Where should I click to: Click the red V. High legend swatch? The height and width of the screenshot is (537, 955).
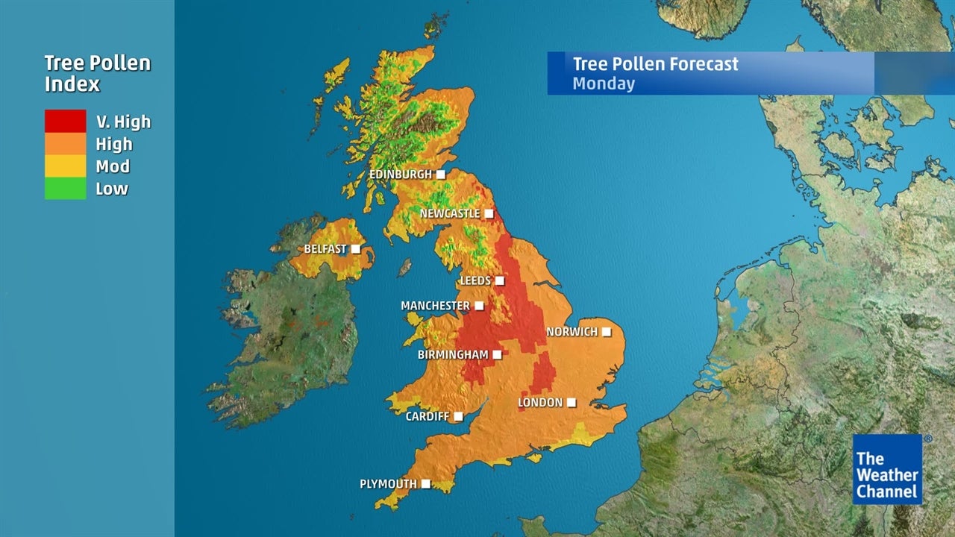click(x=65, y=122)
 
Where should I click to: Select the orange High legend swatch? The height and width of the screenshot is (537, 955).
click(x=65, y=144)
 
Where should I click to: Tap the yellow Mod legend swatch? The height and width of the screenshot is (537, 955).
click(x=65, y=166)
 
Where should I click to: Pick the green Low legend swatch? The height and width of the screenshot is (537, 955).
click(x=65, y=189)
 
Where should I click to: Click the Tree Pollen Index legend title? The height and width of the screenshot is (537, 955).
click(x=97, y=73)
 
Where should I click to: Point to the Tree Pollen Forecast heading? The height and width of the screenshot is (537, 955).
click(x=655, y=64)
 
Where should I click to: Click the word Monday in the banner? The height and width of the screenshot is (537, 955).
click(x=604, y=84)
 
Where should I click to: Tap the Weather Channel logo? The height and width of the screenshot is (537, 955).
click(x=887, y=469)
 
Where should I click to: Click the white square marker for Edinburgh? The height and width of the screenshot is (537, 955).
click(x=441, y=175)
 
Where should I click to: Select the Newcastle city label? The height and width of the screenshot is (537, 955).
click(x=449, y=213)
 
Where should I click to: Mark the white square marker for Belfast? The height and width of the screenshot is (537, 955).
click(x=356, y=248)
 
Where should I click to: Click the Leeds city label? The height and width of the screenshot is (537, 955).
click(x=475, y=280)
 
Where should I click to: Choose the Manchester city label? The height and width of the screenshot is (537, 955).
click(x=435, y=306)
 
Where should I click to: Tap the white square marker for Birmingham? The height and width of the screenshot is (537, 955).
click(x=497, y=354)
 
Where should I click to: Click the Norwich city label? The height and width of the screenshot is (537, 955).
click(x=572, y=331)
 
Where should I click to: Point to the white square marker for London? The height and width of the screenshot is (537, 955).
click(x=572, y=403)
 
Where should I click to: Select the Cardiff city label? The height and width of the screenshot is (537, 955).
click(x=427, y=416)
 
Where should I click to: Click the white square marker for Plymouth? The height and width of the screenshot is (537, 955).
click(x=426, y=484)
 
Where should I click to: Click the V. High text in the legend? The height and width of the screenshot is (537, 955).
click(x=123, y=122)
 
